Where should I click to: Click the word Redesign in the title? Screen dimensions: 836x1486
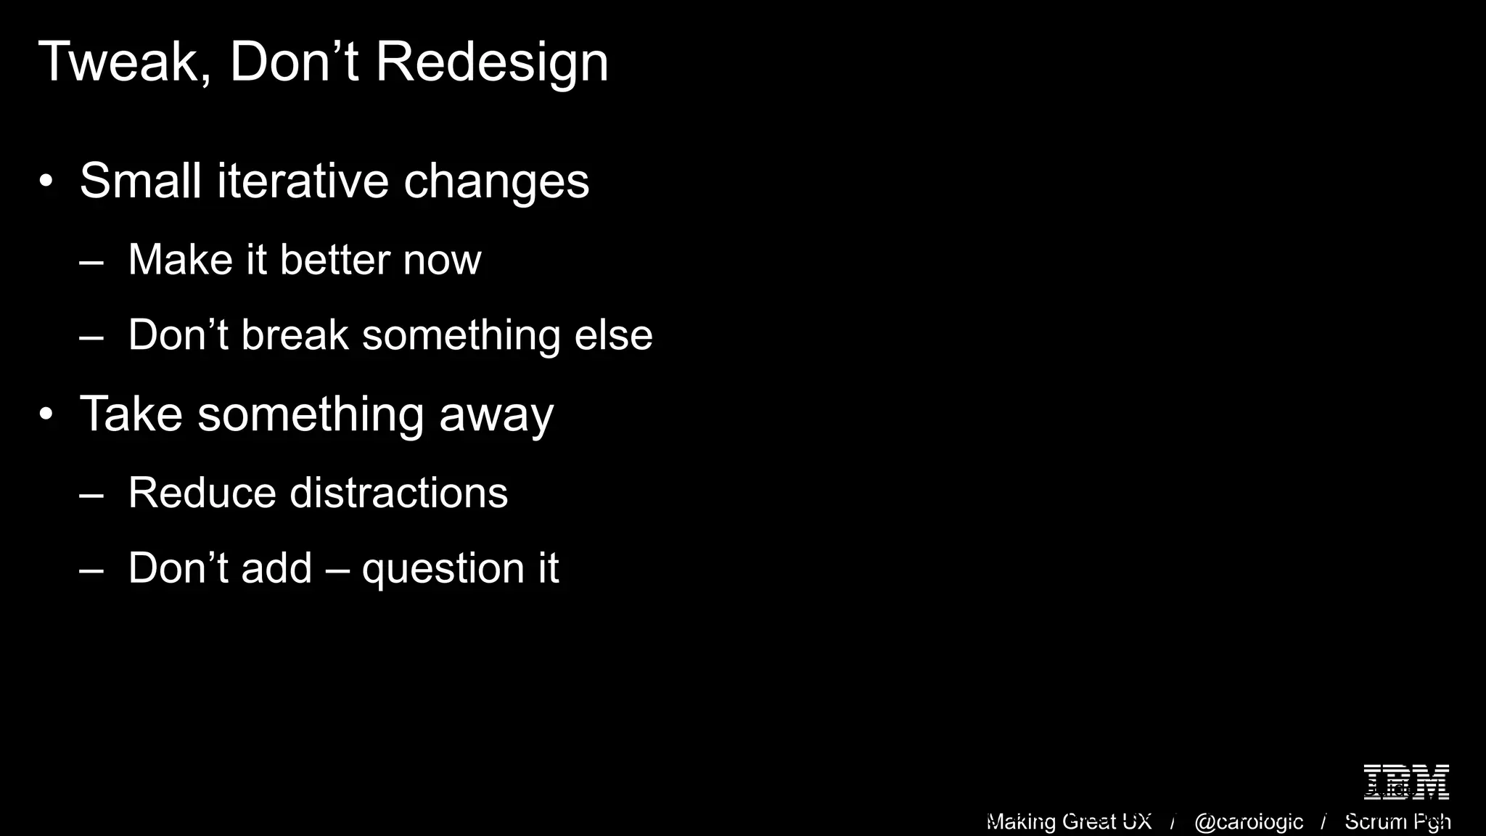[491, 62]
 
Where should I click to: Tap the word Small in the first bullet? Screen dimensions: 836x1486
[139, 181]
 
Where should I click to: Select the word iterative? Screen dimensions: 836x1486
[303, 181]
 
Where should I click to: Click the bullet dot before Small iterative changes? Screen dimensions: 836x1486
[46, 182]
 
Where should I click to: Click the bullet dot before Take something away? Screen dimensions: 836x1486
[46, 415]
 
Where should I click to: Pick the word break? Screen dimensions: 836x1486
[295, 335]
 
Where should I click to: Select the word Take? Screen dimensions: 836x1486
[131, 414]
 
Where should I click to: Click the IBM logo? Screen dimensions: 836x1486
[1406, 782]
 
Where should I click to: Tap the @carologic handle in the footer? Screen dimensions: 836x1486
[1248, 821]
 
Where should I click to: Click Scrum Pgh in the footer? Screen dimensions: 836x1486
[1397, 821]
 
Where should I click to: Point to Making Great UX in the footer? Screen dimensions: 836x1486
[1069, 821]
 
